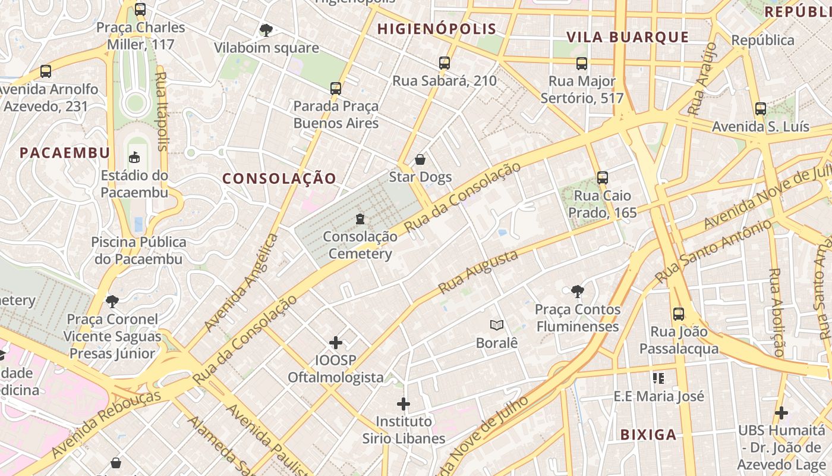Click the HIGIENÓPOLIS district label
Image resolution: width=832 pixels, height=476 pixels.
pos(436,29)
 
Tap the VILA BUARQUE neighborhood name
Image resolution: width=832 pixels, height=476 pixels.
pos(628,37)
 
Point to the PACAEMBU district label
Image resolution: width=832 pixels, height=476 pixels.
pos(65,153)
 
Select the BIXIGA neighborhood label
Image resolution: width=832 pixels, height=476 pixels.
pos(648,435)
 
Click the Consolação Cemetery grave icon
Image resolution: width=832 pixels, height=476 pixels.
pos(360,219)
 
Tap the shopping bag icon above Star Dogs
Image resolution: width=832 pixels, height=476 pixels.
pos(420,159)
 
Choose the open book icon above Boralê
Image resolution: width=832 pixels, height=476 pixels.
pos(497,325)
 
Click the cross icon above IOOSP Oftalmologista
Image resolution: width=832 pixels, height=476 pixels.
pos(336,343)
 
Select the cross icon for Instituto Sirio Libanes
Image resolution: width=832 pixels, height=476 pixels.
pos(404,404)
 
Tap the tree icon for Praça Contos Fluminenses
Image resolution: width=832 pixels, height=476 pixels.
pos(576,292)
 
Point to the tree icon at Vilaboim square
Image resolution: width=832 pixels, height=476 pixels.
pos(266,30)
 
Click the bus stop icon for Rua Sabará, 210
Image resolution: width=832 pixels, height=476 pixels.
pos(444,63)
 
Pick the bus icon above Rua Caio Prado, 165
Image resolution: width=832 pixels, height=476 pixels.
pos(602,177)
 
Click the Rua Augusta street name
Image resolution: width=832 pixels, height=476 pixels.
pos(478,273)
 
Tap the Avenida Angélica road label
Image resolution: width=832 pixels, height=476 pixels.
pos(241,283)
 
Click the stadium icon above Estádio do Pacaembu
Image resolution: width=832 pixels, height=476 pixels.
pos(134,158)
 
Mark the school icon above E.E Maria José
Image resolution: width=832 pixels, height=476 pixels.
pos(658,378)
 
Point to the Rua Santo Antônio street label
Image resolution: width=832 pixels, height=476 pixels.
pos(713,252)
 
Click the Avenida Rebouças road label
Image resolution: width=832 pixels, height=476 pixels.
pos(106,424)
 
